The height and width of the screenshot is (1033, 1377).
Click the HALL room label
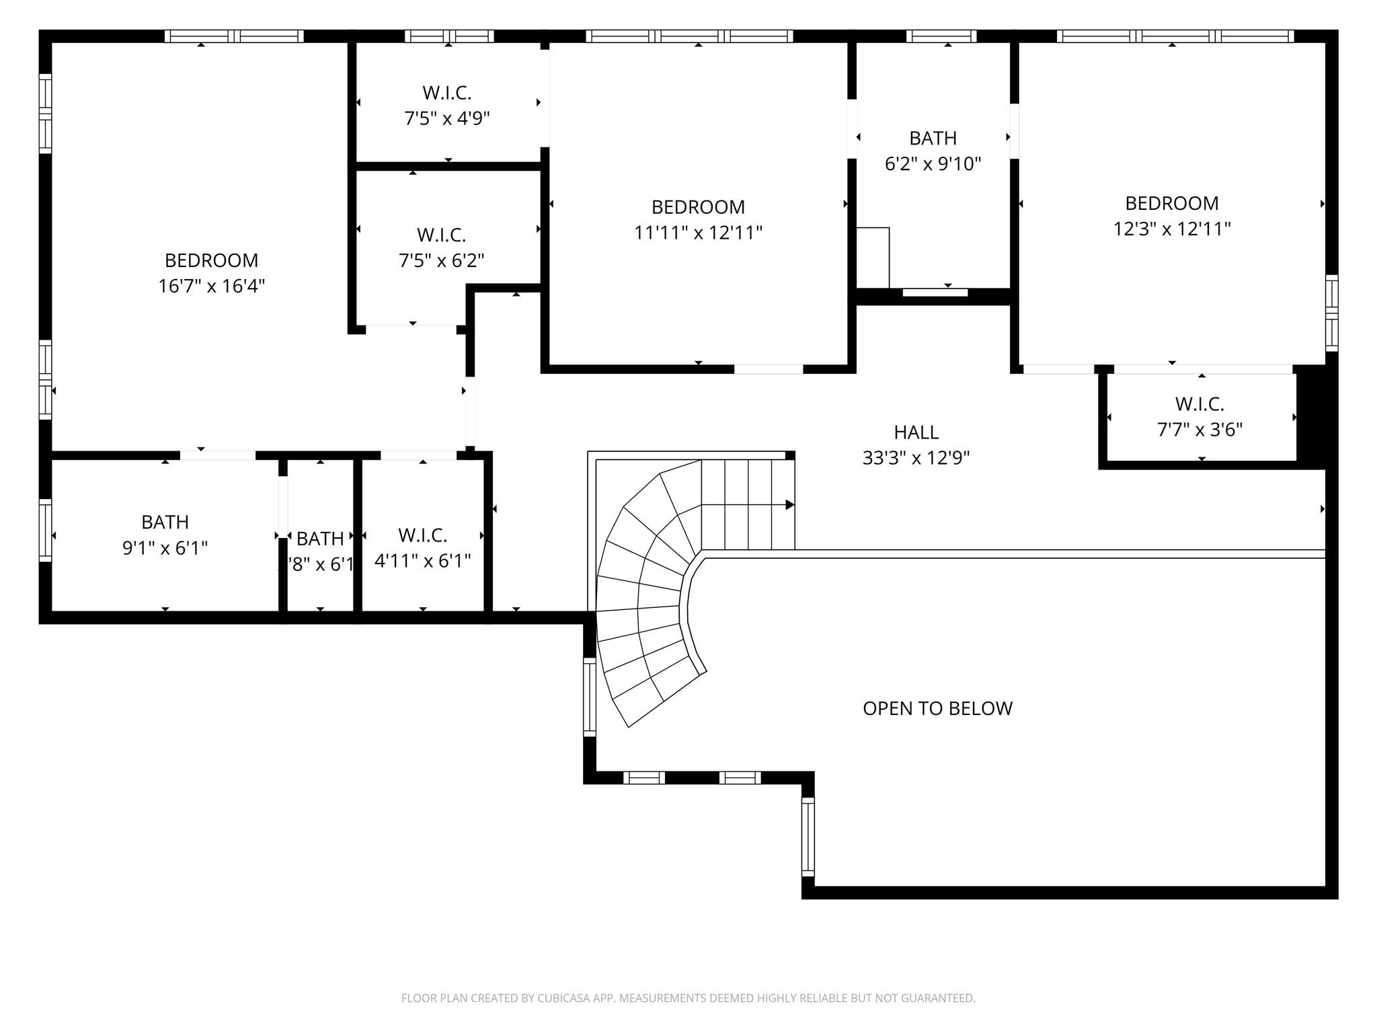pyautogui.click(x=916, y=432)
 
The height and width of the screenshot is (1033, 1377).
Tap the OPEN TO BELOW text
pyautogui.click(x=937, y=708)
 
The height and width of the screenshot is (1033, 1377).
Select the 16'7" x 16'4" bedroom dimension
pyautogui.click(x=211, y=286)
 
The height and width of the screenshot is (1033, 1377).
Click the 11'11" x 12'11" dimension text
pyautogui.click(x=698, y=233)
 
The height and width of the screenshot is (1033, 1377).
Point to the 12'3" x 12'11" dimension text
pyautogui.click(x=1171, y=229)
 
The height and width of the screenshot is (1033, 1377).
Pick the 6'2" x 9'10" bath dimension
pyautogui.click(x=933, y=164)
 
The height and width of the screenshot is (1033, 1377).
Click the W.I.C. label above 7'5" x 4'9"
pyautogui.click(x=446, y=93)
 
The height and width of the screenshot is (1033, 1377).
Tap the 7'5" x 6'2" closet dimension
pyautogui.click(x=441, y=261)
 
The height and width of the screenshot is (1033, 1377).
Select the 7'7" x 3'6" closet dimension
pyautogui.click(x=1199, y=430)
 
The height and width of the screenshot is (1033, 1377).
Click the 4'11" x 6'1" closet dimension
pyautogui.click(x=422, y=561)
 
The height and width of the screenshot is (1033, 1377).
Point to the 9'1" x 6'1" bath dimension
pyautogui.click(x=165, y=548)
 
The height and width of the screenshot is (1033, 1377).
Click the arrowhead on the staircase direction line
pyautogui.click(x=790, y=504)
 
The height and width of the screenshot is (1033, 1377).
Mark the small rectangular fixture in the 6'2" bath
pyautogui.click(x=873, y=258)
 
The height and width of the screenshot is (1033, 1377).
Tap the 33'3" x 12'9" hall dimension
pyautogui.click(x=916, y=459)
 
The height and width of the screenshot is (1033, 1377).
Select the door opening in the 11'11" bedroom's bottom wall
pyautogui.click(x=768, y=369)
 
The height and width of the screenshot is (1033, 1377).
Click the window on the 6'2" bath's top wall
pyautogui.click(x=941, y=36)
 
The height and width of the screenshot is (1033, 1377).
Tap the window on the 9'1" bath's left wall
pyautogui.click(x=45, y=530)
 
